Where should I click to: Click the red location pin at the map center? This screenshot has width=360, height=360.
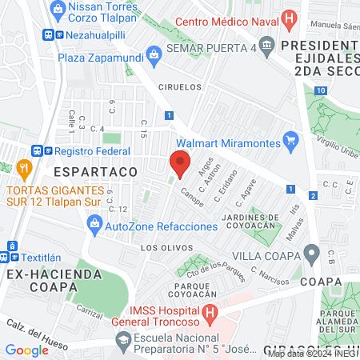(x=180, y=163)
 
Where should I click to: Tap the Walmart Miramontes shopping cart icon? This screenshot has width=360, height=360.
(x=292, y=142)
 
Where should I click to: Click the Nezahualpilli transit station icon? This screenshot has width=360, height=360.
(x=49, y=35)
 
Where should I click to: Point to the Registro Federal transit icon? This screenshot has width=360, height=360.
(x=37, y=150)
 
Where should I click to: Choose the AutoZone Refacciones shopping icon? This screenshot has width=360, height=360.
(x=94, y=226)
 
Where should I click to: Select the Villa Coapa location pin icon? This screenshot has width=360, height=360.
(x=312, y=255)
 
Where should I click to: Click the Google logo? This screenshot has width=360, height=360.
(x=26, y=350)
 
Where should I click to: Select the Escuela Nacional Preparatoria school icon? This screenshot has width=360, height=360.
(x=123, y=339)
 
